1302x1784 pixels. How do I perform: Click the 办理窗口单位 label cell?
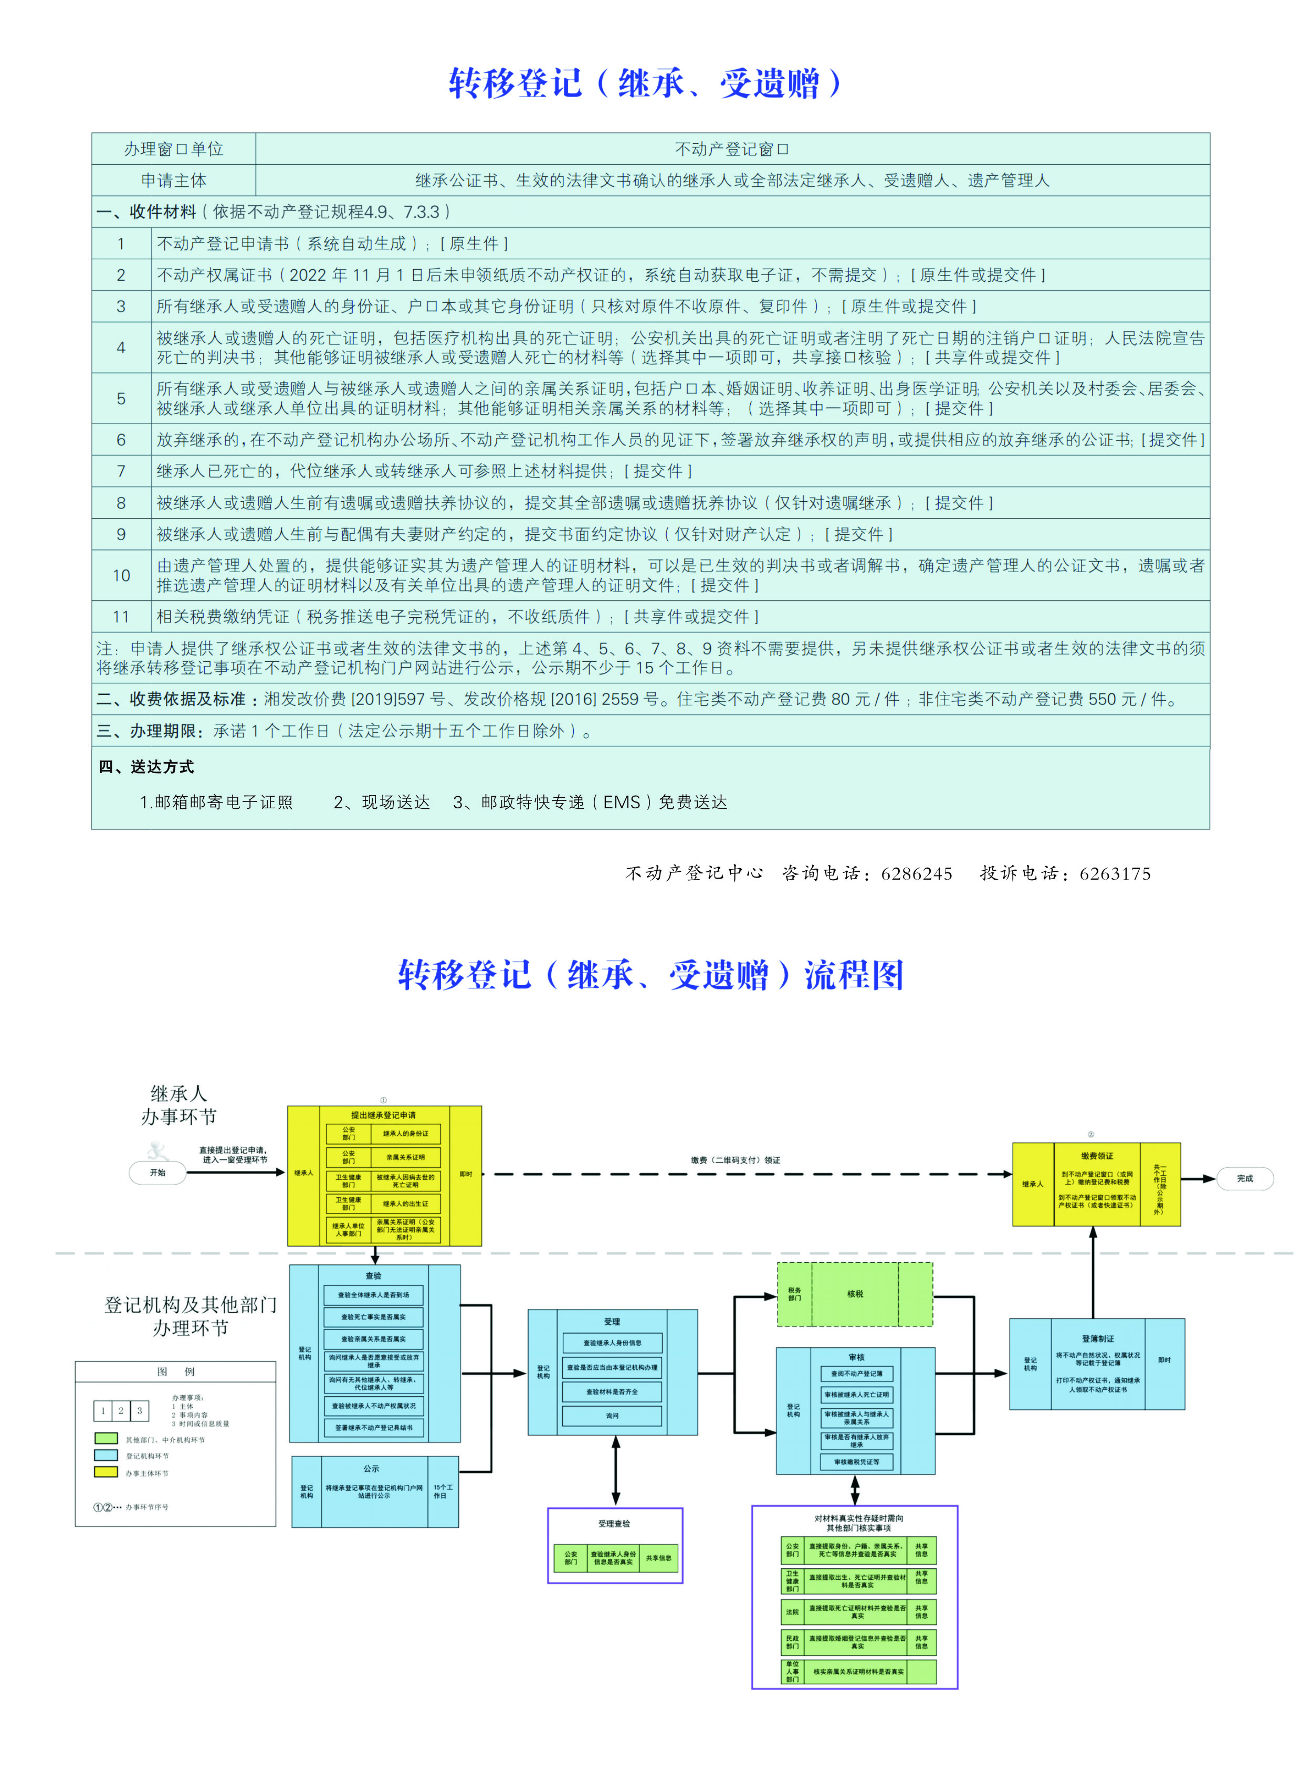173,149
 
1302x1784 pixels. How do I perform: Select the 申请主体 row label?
173,181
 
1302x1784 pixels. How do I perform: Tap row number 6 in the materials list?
121,440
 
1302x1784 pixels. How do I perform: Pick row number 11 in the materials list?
121,616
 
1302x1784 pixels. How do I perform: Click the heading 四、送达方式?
146,767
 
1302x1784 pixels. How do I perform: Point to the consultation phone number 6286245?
917,873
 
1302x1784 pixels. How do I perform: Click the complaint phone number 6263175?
1115,873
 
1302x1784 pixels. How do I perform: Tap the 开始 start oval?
157,1173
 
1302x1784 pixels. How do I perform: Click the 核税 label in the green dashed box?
855,1294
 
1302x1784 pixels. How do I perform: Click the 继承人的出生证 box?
406,1204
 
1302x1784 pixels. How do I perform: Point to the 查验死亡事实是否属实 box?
374,1317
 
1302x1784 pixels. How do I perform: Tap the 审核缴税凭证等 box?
857,1462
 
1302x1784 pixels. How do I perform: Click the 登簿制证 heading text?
1098,1339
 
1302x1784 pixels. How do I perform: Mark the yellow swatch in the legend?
106,1471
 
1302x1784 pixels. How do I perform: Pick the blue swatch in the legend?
106,1455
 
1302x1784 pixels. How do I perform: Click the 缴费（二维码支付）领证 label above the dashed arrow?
736,1160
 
